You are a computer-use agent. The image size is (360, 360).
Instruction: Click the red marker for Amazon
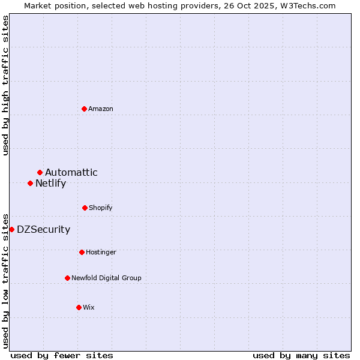tap(85, 109)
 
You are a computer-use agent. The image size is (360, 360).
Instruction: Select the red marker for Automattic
tap(40, 173)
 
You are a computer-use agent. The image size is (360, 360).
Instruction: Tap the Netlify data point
tap(31, 183)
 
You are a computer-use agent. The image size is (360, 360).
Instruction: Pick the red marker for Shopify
tap(85, 208)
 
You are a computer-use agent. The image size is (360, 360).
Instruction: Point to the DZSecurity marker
tap(12, 229)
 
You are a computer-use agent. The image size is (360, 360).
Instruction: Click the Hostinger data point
tap(82, 252)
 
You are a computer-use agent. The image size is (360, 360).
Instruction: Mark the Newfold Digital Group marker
tap(68, 278)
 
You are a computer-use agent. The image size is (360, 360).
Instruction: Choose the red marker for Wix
tap(79, 307)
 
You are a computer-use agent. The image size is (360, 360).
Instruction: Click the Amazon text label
tap(101, 109)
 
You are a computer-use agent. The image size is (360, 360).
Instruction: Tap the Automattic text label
tap(71, 173)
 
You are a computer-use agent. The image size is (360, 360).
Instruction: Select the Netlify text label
tap(51, 183)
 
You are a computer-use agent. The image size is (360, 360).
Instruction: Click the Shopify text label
tap(101, 208)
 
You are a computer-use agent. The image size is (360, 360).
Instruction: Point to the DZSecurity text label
tap(44, 229)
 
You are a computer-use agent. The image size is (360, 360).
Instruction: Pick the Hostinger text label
tap(101, 252)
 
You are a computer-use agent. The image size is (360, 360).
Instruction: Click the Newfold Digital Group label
tap(107, 278)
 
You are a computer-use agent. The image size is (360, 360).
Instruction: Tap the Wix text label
tap(89, 307)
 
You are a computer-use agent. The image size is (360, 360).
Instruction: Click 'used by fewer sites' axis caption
tap(62, 355)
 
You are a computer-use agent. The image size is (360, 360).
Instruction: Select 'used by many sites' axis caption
tap(301, 355)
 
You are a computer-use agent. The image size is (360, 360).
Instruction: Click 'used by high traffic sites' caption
tap(6, 85)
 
